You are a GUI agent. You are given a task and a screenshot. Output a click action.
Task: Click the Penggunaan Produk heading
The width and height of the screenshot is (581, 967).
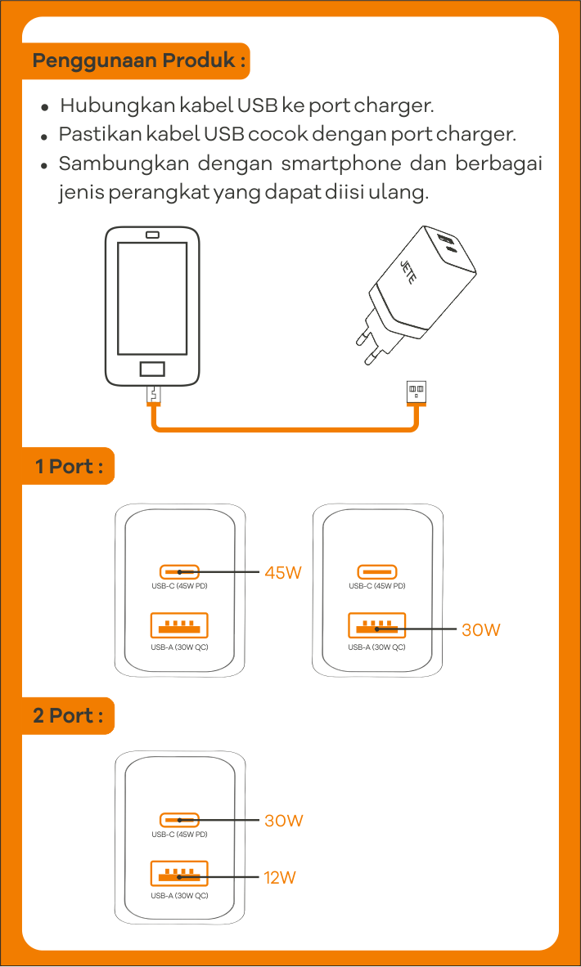138,61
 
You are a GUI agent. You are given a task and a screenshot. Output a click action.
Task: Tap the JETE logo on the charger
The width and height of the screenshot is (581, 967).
408,271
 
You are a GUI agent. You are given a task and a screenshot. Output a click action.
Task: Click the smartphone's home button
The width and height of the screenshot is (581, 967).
151,369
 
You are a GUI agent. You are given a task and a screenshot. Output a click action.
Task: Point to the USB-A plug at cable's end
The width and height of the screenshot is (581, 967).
417,392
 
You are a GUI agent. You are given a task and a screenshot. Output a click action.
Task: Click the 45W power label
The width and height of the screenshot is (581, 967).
282,573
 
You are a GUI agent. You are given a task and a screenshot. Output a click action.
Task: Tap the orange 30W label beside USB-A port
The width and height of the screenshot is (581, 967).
480,629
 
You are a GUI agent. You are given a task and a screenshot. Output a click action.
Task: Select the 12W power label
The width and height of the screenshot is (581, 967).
279,878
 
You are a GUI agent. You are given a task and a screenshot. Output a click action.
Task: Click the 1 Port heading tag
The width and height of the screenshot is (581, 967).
69,467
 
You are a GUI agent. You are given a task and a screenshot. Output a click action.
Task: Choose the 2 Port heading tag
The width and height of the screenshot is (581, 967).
69,715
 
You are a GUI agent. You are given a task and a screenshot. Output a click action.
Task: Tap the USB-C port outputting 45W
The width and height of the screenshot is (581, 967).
179,572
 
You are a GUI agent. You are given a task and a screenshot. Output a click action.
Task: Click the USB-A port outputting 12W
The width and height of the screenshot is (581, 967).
179,874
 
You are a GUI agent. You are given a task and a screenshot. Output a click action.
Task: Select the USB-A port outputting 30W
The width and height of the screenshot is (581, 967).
376,625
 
